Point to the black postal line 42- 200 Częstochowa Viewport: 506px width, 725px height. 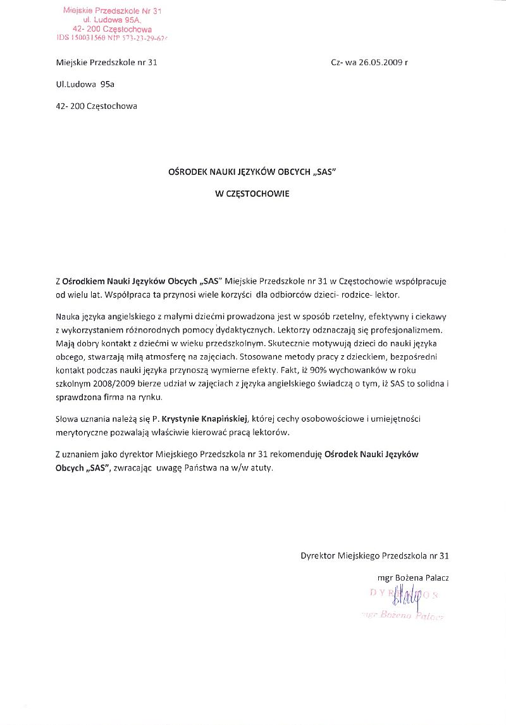pos(96,106)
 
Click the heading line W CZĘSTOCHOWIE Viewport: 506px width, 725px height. pos(252,194)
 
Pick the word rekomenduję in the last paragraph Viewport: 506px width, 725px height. pos(301,455)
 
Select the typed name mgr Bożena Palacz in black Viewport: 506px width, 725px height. pos(412,577)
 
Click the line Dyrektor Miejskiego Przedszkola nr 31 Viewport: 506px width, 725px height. pos(374,556)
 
